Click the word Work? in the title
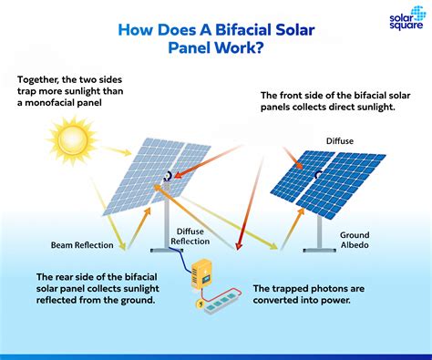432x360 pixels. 241,48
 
